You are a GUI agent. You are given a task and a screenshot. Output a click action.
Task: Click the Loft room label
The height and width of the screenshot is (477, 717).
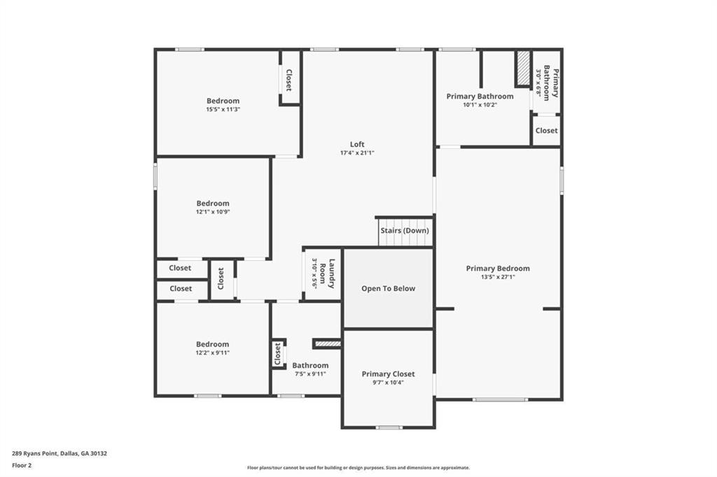coord(357,144)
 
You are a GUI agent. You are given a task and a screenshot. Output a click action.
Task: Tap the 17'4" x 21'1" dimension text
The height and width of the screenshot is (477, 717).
coord(357,153)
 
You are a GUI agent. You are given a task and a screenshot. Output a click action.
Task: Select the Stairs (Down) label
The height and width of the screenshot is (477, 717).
coord(405,231)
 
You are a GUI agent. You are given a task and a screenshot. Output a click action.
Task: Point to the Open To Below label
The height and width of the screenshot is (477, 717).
coord(388,288)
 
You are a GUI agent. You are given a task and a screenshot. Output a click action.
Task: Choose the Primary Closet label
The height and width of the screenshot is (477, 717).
coord(388,373)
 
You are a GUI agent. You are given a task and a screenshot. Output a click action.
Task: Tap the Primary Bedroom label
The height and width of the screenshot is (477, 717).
coord(498,268)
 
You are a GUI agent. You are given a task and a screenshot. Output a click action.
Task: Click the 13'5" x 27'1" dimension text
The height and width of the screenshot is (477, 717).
coord(498,277)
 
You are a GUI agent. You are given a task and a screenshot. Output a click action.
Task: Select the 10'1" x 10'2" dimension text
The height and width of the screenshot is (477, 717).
coord(480,105)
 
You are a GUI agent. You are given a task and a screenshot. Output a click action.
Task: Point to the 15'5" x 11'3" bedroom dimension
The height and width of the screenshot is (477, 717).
coord(223,109)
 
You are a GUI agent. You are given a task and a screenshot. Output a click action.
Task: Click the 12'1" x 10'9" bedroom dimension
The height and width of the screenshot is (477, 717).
coord(213,212)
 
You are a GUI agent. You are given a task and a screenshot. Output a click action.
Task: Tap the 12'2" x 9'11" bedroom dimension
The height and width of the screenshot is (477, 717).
coord(213,353)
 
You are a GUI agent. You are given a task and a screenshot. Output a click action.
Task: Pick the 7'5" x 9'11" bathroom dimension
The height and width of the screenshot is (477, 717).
coord(310,373)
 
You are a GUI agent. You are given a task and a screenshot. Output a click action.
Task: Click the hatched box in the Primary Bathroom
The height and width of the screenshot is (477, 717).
coord(523,68)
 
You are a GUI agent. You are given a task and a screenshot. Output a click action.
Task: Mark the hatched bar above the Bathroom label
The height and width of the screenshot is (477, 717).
coord(327,343)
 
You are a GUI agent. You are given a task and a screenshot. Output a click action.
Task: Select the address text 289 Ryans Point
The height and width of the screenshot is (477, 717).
coord(35,454)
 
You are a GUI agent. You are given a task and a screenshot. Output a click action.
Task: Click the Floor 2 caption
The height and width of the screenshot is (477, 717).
coord(22,466)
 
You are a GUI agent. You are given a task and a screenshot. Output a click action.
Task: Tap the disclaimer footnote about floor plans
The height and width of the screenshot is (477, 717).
coord(358,467)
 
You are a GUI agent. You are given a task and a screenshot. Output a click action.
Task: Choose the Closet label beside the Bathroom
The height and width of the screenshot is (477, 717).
coord(277,354)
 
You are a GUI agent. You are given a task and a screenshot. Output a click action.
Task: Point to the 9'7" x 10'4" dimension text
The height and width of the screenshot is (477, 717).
coord(388,383)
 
